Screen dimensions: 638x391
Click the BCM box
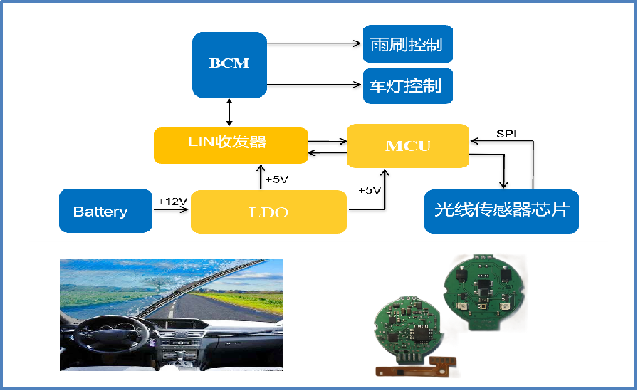coord(229,65)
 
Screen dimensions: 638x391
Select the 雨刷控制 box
coord(408,44)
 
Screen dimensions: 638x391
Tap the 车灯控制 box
coord(408,86)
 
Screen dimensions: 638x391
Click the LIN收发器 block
coord(231,146)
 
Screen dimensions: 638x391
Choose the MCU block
coord(408,146)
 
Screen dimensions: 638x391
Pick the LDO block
coord(268,212)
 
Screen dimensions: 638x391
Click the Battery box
coord(106,211)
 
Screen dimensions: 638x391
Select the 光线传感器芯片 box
coord(501,211)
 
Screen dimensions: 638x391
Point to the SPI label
coord(506,134)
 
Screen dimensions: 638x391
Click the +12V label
coord(172,202)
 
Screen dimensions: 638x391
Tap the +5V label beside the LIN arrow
coord(276,179)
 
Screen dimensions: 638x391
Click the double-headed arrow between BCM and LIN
coord(229,113)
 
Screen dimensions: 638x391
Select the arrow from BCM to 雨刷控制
coord(314,43)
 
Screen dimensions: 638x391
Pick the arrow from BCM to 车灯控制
coord(314,85)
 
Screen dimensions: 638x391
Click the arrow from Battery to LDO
coord(170,209)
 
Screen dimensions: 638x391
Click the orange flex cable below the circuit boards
coord(416,366)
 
